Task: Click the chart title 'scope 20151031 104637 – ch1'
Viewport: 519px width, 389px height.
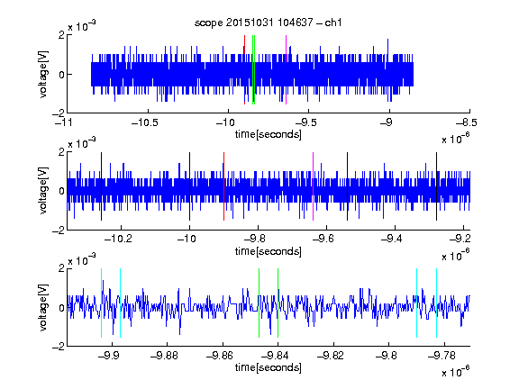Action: point(269,23)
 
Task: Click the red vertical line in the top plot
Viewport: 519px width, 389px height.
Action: point(244,69)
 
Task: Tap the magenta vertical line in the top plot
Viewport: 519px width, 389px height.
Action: point(286,69)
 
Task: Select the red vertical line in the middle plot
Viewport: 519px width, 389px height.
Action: point(224,186)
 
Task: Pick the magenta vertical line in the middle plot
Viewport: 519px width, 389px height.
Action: point(314,186)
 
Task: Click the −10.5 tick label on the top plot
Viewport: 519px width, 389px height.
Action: point(145,122)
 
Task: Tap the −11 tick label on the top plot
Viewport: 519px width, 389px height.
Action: point(63,122)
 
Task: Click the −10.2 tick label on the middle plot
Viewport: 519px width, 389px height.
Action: point(118,239)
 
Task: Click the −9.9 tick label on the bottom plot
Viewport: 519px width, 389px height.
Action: point(109,356)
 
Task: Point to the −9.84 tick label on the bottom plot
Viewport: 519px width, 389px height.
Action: point(275,356)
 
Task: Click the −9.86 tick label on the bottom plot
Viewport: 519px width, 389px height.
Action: point(220,356)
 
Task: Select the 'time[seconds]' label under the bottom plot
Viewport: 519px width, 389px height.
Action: point(269,367)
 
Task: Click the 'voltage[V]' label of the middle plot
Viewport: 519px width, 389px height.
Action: point(43,191)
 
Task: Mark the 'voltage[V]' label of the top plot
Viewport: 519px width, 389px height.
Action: point(43,74)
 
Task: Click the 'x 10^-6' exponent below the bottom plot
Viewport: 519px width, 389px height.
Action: point(455,371)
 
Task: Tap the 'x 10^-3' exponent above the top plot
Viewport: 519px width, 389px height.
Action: point(82,25)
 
